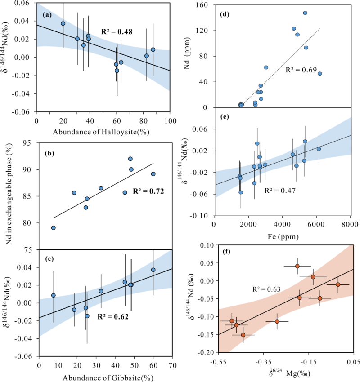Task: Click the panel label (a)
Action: click(x=46, y=15)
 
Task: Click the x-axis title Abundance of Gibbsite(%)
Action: click(x=105, y=377)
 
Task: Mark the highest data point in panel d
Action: click(x=305, y=13)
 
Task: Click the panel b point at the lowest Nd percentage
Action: click(x=54, y=228)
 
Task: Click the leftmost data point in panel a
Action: click(x=63, y=23)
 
